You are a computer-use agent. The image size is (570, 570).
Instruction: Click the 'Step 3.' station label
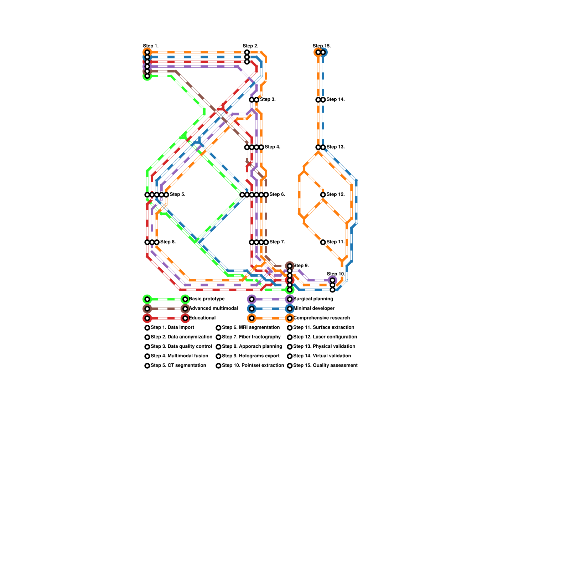coord(268,99)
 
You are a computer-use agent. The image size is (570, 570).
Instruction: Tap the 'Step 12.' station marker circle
coord(323,195)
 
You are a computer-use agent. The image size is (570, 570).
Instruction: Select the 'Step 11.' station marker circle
coord(323,242)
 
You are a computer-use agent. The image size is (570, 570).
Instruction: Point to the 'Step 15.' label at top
coord(322,46)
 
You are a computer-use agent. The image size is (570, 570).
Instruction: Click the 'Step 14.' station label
coord(335,99)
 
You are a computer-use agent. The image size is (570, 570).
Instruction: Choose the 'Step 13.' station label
coord(335,147)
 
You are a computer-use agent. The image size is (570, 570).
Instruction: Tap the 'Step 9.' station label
coord(301,265)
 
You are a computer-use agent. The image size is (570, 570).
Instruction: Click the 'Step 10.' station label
coord(336,274)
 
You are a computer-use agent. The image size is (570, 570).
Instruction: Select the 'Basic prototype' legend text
coord(207,299)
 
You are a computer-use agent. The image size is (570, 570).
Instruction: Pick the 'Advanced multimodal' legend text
coord(213,308)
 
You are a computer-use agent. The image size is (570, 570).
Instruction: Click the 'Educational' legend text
coord(202,318)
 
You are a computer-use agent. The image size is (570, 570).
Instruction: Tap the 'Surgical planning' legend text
coord(313,299)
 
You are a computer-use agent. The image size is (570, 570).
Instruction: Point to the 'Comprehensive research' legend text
coord(321,318)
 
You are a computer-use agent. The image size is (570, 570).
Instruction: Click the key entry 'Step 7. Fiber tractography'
coord(251,337)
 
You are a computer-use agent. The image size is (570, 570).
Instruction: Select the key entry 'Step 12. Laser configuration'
coord(325,337)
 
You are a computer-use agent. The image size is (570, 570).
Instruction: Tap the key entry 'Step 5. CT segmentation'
coord(178,365)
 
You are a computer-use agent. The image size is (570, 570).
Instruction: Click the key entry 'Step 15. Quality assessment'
coord(325,365)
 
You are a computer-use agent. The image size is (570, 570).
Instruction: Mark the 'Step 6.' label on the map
coord(277,194)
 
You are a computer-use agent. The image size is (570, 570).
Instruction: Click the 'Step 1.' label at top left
coord(151,46)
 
